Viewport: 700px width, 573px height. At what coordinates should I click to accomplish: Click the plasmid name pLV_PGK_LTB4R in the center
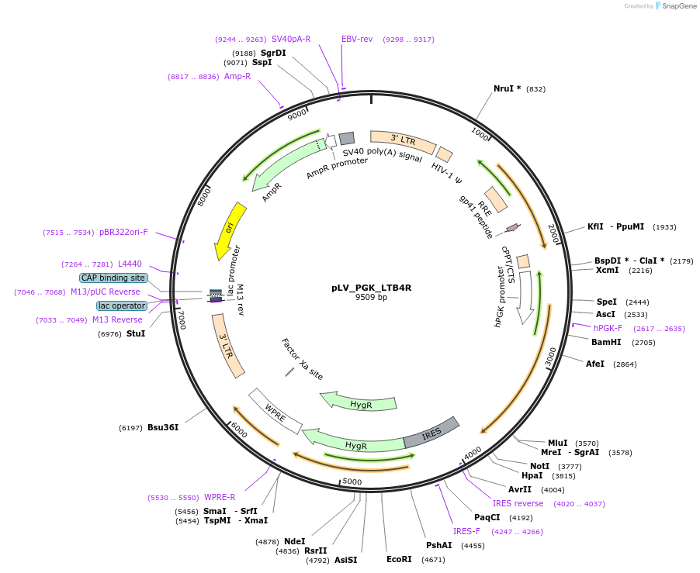click(371, 288)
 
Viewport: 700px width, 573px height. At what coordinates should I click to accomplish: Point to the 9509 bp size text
click(371, 297)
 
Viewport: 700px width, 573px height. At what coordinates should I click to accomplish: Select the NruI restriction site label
click(507, 88)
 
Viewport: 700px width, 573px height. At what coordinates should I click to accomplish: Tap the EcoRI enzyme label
click(399, 559)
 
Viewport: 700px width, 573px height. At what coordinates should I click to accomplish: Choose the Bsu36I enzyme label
click(163, 427)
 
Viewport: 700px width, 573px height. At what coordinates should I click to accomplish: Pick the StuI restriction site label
click(136, 333)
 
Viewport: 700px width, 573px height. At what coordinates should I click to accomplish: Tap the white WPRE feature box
click(275, 411)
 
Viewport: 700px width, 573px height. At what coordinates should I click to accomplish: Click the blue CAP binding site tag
click(113, 278)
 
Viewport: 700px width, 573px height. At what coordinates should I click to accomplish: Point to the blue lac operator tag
click(122, 305)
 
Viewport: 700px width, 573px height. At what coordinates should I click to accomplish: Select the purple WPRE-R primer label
click(220, 497)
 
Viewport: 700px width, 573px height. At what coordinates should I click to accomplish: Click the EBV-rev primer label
click(357, 39)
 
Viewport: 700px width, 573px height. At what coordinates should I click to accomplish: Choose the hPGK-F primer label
click(608, 329)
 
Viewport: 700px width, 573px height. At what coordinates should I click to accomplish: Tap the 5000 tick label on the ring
click(352, 482)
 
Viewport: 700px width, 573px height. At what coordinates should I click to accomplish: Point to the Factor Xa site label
click(302, 359)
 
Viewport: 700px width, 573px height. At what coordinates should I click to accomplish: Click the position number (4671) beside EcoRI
click(433, 559)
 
